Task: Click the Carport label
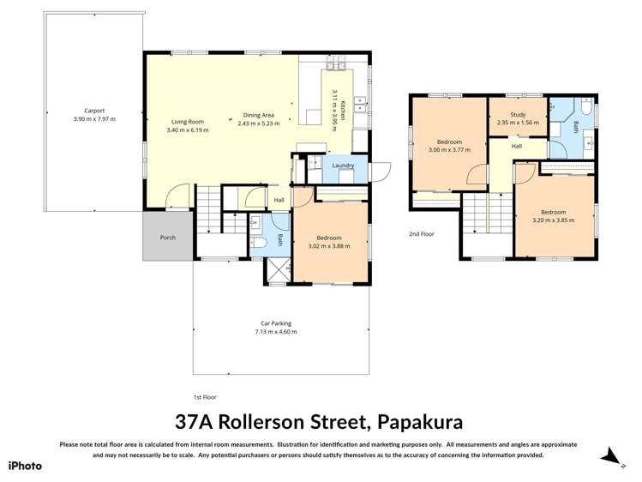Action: [x=94, y=111]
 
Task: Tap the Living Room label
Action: [x=185, y=122]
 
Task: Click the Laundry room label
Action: [x=343, y=166]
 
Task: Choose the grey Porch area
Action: [x=168, y=237]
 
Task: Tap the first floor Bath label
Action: [x=279, y=240]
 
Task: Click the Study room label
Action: [x=517, y=114]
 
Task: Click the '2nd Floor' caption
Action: [x=421, y=233]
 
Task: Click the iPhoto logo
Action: [x=25, y=466]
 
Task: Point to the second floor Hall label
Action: [x=517, y=147]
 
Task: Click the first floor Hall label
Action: [x=279, y=201]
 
